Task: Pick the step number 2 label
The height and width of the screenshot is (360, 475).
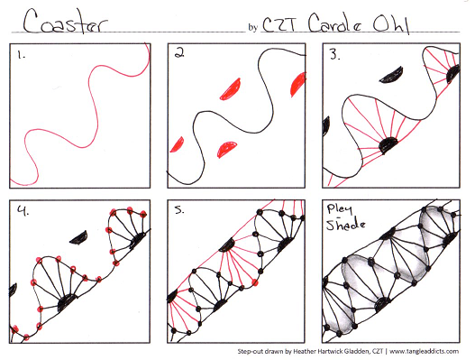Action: point(179,53)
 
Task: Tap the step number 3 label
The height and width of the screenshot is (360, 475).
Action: point(334,55)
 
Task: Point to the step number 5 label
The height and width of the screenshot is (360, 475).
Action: point(179,211)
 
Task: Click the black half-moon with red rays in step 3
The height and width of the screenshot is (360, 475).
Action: point(390,142)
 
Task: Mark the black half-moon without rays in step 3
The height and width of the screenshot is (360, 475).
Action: point(394,71)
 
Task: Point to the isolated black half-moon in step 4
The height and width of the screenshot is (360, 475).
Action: point(81,237)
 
